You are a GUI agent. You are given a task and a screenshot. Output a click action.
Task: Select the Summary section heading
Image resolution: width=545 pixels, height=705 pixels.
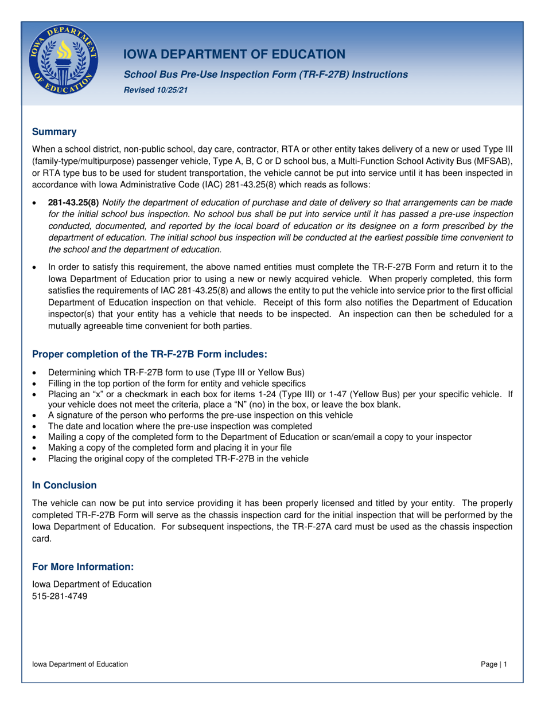coord(54,132)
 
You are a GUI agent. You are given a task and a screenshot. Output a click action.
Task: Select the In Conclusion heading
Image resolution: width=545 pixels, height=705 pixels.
coord(64,485)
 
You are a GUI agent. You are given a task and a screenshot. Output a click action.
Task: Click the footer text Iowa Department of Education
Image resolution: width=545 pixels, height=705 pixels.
coord(80,664)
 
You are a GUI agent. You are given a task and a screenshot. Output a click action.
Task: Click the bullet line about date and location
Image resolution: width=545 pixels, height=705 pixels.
coord(180,426)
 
